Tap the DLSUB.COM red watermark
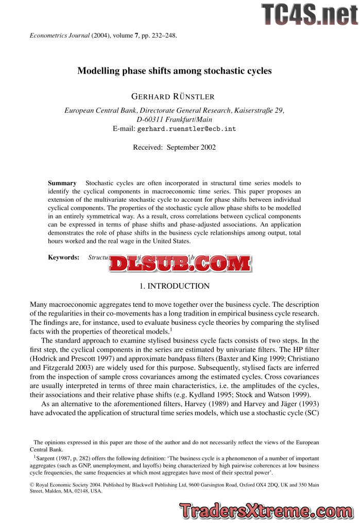180,263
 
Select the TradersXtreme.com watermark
266,511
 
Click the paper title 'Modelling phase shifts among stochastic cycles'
174,71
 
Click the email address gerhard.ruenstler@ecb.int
186,129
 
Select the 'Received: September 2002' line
174,147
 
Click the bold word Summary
62,183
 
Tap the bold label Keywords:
64,257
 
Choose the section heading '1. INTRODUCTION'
175,286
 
